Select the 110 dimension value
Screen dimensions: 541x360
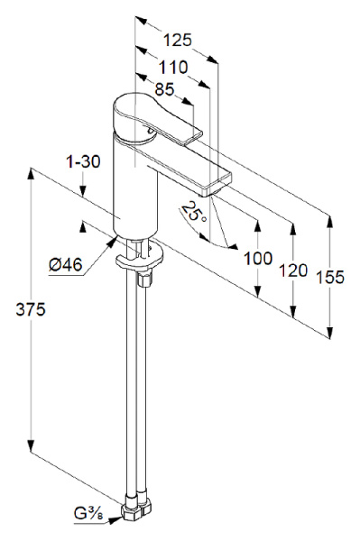(172, 66)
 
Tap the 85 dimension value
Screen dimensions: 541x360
(163, 89)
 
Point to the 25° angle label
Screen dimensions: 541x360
(193, 214)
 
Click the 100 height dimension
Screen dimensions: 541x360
(258, 258)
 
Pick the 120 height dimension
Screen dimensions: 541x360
(293, 269)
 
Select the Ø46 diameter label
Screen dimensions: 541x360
(65, 264)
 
